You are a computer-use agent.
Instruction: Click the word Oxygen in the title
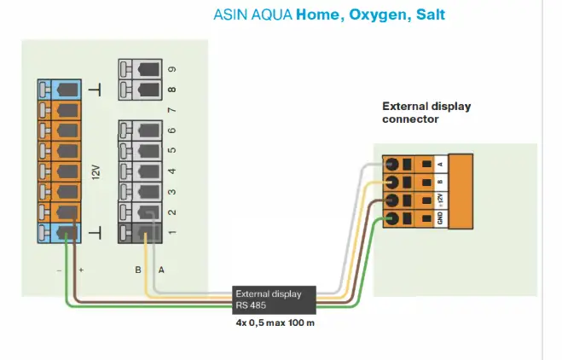[378, 15]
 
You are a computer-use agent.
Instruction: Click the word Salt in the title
[431, 15]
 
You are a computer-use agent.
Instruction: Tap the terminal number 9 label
[172, 69]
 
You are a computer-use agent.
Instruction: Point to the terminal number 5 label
[172, 150]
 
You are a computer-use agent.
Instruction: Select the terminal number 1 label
[172, 232]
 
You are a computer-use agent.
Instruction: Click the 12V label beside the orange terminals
[96, 172]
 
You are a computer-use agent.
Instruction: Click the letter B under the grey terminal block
[138, 270]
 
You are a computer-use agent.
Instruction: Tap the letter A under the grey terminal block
[161, 270]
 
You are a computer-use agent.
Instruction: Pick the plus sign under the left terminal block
[81, 270]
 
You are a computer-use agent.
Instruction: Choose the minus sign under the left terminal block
[59, 270]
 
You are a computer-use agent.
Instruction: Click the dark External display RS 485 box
[275, 299]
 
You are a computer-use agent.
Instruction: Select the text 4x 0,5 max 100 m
[275, 322]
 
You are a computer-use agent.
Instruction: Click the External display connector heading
[426, 113]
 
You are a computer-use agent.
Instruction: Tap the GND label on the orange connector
[441, 218]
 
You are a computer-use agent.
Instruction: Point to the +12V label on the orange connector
[441, 200]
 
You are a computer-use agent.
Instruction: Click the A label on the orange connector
[441, 165]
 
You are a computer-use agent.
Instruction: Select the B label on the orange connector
[441, 182]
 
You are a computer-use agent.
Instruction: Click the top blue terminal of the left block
[60, 90]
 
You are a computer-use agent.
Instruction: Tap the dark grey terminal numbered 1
[140, 233]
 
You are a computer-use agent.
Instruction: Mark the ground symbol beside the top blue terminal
[95, 90]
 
